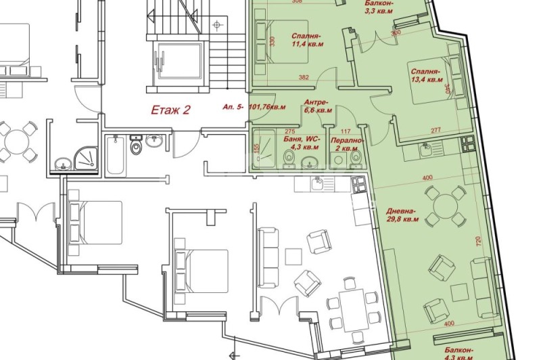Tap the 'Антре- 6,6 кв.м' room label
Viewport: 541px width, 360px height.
(x=318, y=105)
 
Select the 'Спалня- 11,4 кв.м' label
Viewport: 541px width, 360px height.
(x=306, y=41)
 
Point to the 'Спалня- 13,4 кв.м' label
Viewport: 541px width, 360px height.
(x=425, y=74)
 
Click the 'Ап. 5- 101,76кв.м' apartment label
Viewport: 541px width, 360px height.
(x=254, y=107)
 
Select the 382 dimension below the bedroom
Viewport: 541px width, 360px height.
(x=304, y=78)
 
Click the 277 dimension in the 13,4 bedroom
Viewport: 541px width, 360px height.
(x=435, y=130)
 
